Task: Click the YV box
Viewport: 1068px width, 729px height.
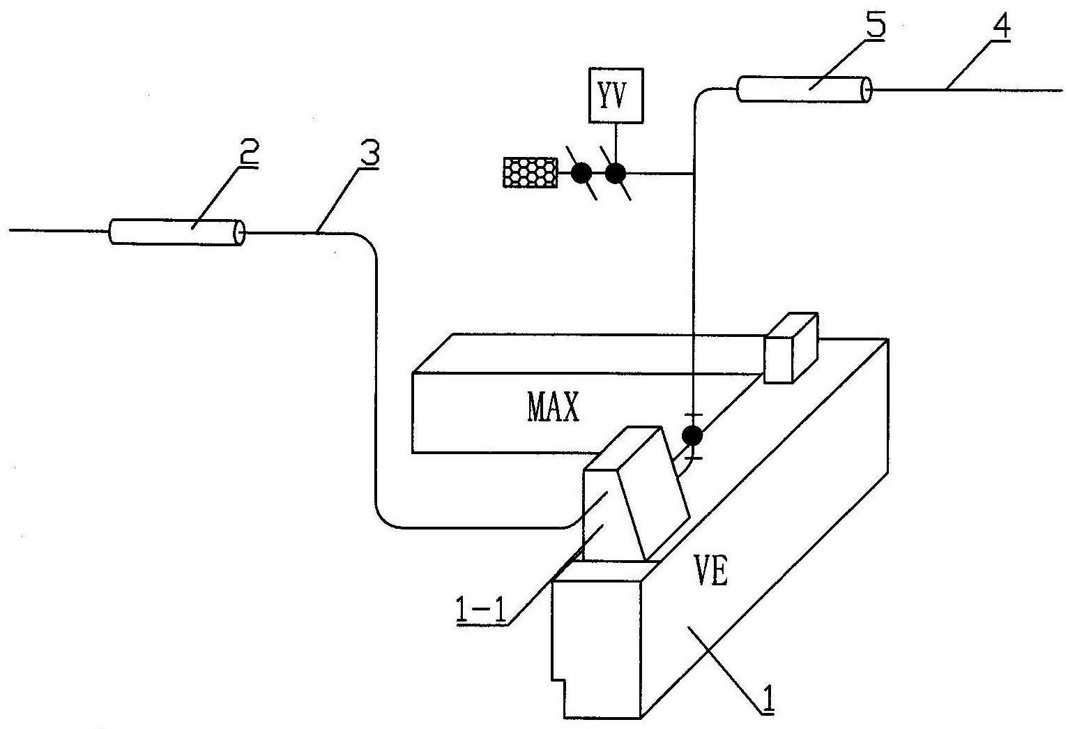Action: (616, 95)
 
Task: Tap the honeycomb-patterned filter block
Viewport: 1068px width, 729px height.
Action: (531, 172)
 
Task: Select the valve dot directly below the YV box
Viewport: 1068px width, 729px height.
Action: (615, 173)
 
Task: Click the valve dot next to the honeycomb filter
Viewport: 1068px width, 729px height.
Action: (581, 173)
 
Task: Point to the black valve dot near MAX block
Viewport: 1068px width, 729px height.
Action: (692, 436)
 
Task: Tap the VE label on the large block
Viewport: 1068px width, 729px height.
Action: (711, 573)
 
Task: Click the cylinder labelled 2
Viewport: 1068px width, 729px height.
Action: (177, 232)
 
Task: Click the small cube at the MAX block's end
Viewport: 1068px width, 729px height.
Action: (790, 349)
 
